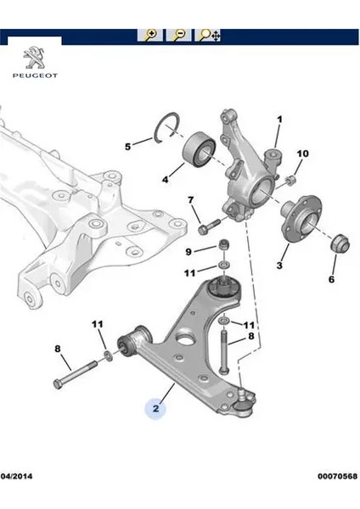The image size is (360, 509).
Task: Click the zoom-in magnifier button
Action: (150, 35)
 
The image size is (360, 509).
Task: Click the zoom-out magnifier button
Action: (178, 35)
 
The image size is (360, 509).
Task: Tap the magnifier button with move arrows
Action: (208, 35)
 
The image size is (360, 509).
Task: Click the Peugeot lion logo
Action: (35, 58)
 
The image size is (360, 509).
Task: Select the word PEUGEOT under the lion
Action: (35, 76)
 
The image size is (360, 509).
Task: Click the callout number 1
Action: (279, 120)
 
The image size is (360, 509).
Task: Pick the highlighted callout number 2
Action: (156, 408)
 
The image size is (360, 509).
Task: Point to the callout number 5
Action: (128, 147)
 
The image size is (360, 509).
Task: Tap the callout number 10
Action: (302, 154)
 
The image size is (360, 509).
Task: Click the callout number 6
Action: (331, 279)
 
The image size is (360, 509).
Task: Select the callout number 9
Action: (188, 252)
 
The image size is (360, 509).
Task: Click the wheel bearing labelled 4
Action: (199, 149)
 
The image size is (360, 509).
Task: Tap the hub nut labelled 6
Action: (340, 242)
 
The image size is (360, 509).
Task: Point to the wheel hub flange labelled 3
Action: (301, 219)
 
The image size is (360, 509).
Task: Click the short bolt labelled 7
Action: (209, 226)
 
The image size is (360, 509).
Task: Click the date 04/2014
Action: (17, 476)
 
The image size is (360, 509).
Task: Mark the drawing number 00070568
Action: (338, 476)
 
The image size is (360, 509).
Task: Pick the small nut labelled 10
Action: (290, 180)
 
